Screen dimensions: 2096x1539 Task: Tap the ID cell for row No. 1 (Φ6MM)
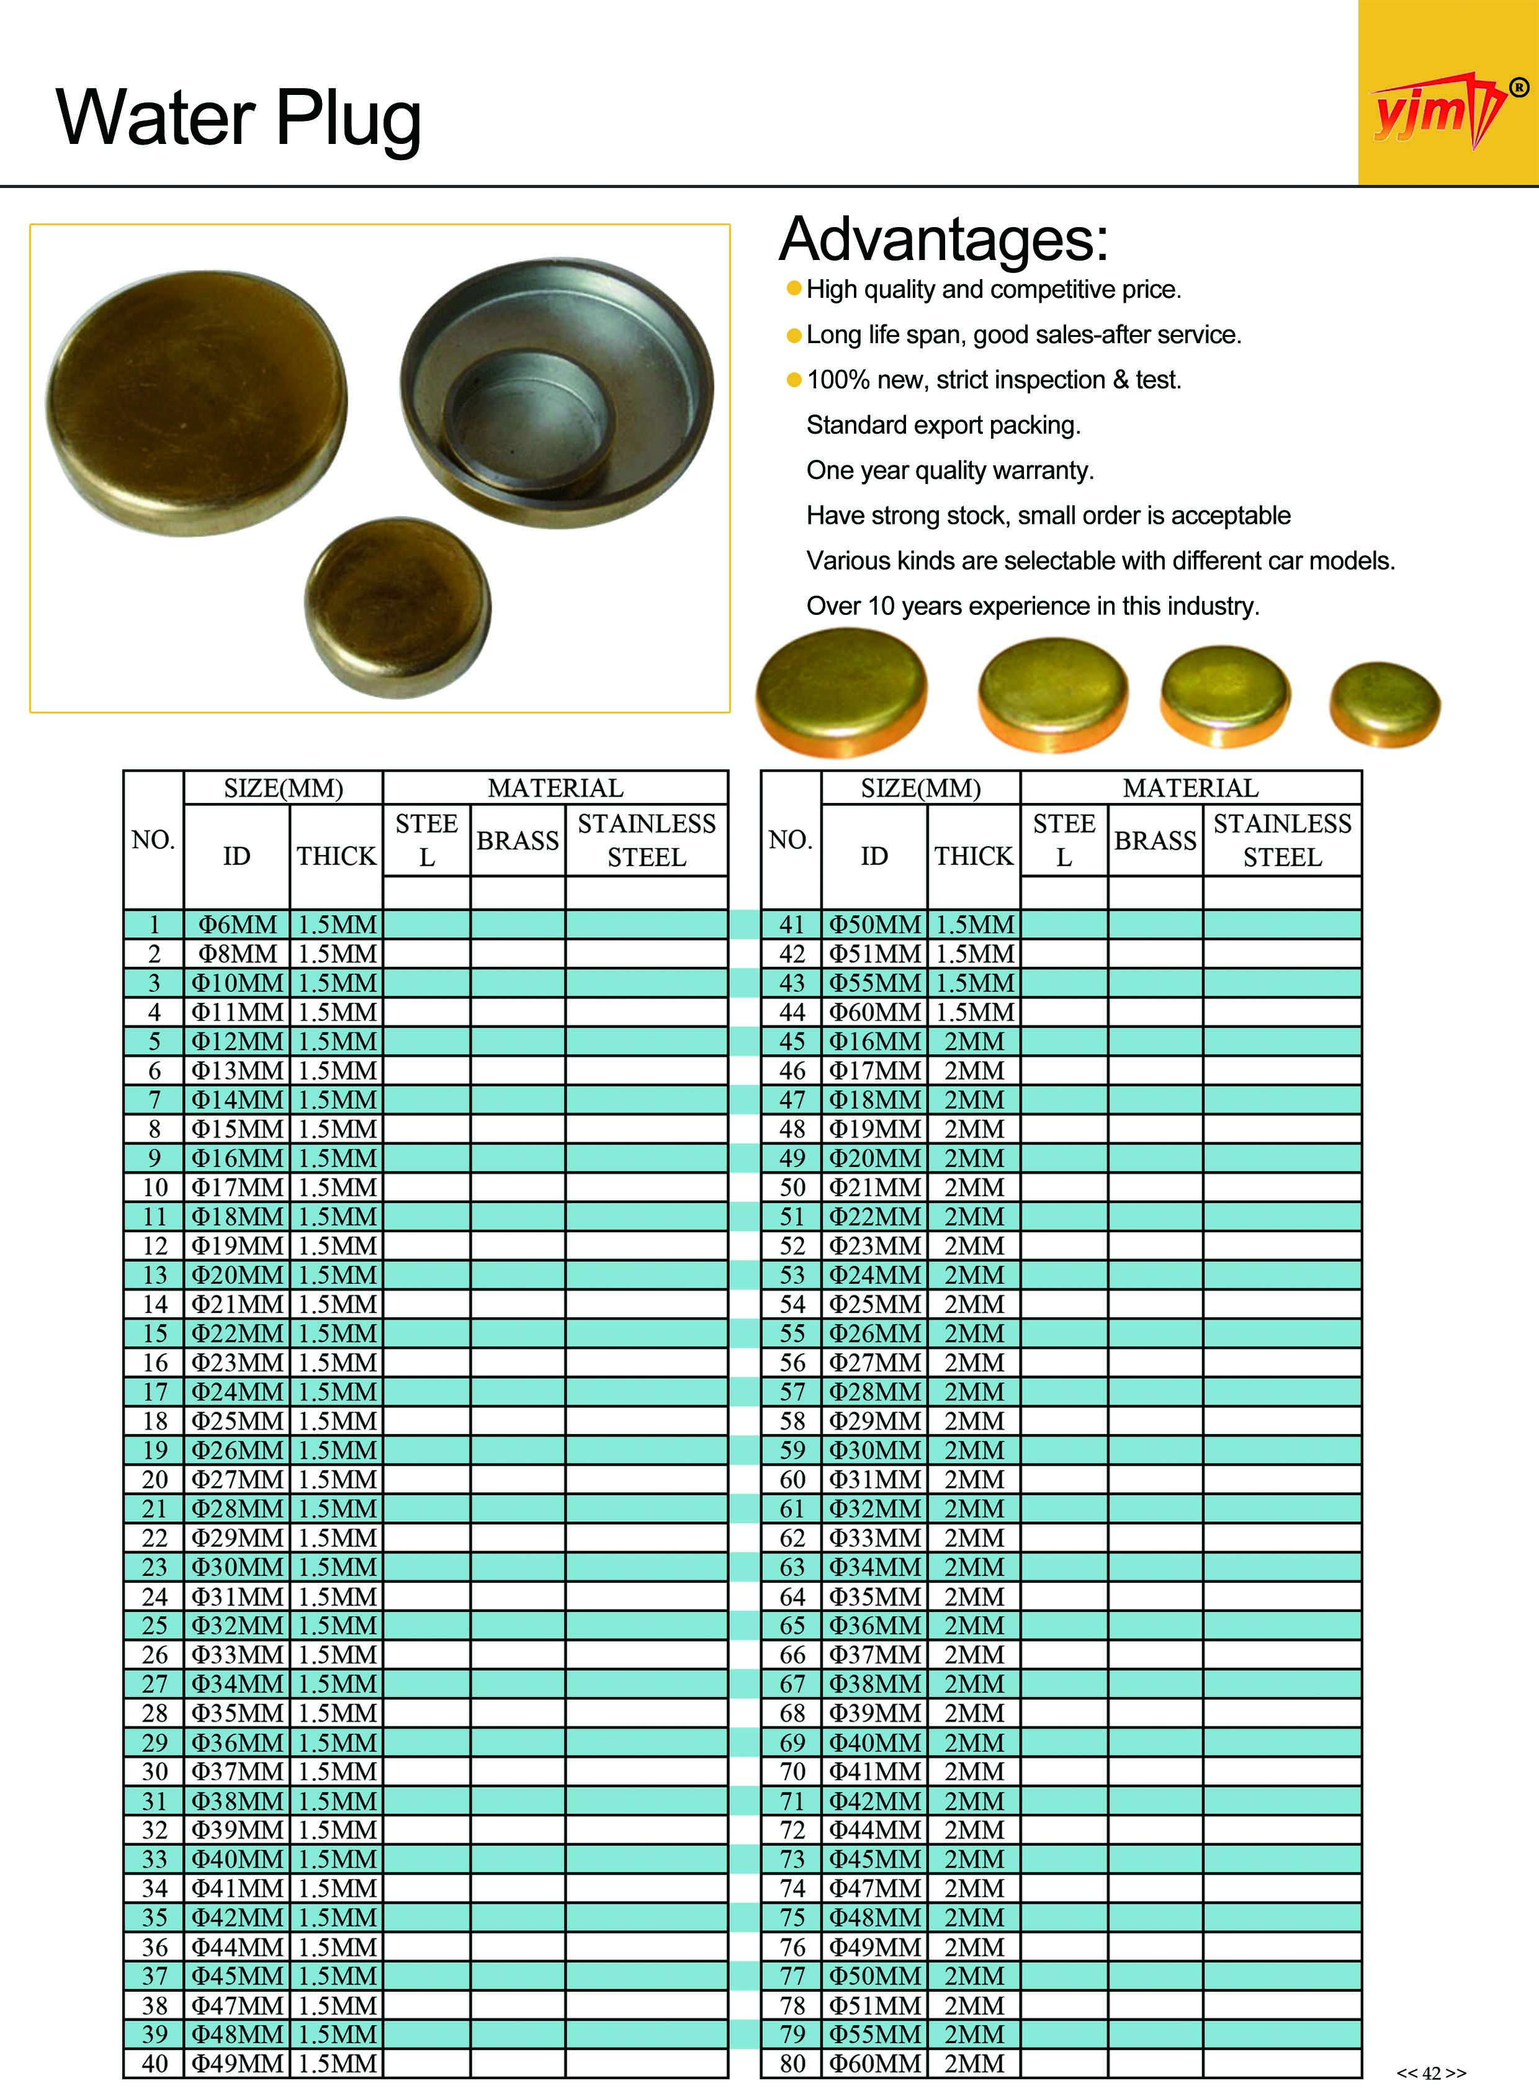238,925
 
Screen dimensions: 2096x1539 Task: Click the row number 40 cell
155,2063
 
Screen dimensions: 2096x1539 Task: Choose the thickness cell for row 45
974,1041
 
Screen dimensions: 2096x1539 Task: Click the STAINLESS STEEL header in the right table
1282,840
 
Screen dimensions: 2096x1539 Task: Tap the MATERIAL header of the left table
555,788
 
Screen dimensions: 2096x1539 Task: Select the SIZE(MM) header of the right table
920,788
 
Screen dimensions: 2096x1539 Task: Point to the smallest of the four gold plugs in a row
1384,704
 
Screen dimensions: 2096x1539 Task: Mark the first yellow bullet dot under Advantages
794,289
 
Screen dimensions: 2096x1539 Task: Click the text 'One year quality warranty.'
949,470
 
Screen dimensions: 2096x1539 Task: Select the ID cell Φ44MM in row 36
238,1947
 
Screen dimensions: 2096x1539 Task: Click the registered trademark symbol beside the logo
1519,87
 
